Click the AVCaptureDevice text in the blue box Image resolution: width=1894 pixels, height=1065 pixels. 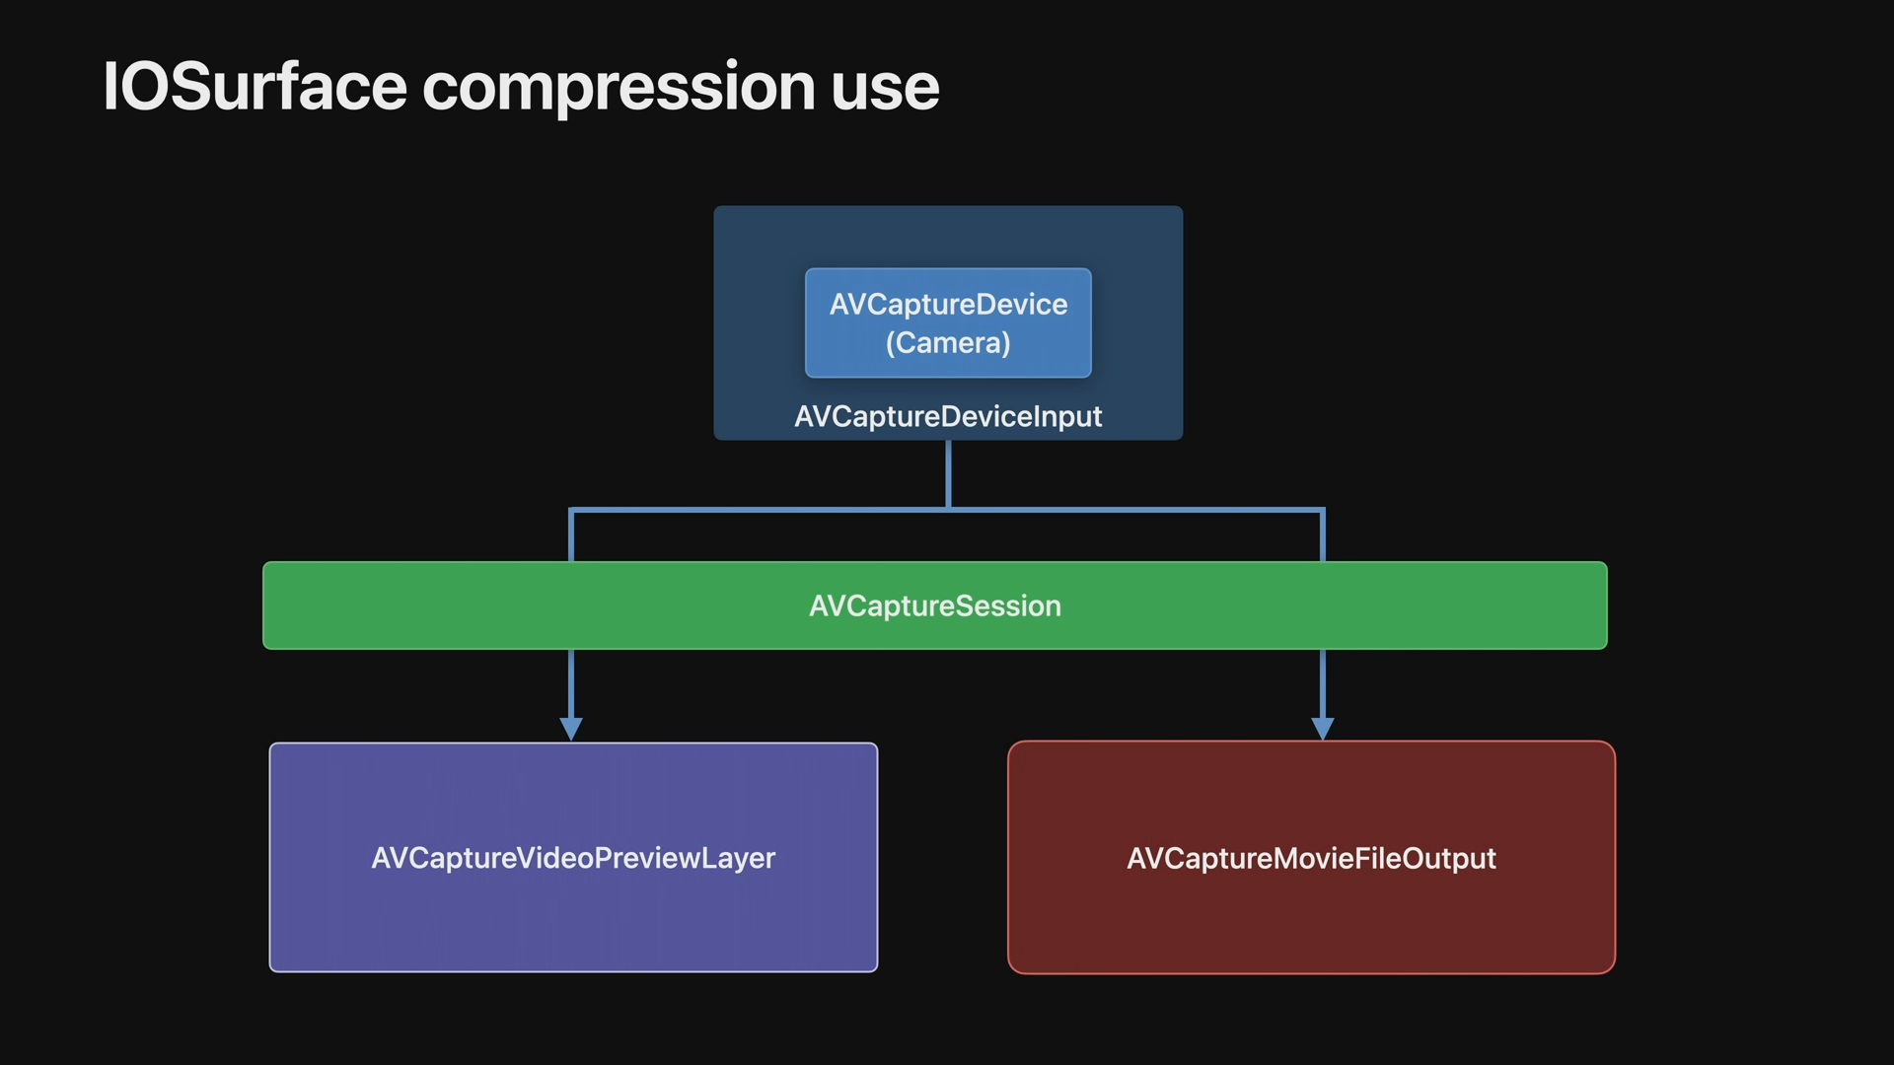point(948,305)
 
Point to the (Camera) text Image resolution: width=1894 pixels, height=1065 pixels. point(948,343)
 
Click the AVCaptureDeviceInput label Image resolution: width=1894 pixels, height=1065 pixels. point(948,416)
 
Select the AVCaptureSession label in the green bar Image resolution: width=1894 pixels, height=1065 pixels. point(935,605)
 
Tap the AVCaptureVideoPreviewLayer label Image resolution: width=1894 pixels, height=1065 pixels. point(573,858)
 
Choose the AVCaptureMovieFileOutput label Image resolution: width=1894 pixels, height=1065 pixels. point(1311,858)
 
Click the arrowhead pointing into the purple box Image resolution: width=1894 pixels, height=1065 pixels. point(571,729)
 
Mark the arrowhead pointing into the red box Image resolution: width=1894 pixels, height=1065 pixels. point(1323,729)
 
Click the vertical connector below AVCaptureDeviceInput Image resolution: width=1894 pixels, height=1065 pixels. point(948,473)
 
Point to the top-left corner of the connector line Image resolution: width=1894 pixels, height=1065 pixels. point(572,510)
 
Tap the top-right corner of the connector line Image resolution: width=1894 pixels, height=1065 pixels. point(1322,510)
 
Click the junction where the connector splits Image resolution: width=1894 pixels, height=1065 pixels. point(948,509)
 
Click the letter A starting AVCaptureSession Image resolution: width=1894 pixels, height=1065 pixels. point(819,605)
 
